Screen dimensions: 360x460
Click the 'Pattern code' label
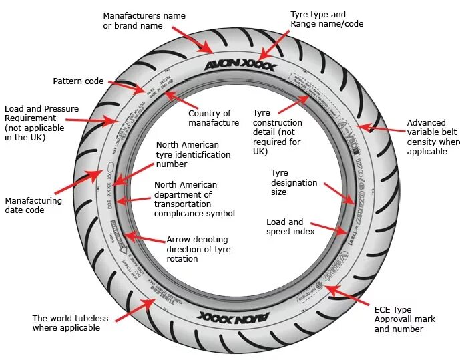click(x=78, y=81)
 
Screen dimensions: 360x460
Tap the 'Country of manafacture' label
click(x=209, y=118)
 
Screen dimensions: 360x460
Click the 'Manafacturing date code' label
click(x=33, y=205)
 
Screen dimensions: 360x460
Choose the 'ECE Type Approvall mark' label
click(x=402, y=319)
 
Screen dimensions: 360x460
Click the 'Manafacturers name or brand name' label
click(x=144, y=21)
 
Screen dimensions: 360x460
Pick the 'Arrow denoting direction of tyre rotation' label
click(x=197, y=249)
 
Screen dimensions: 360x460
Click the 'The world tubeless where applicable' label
click(x=70, y=323)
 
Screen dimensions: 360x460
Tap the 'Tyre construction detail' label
click(x=278, y=132)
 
